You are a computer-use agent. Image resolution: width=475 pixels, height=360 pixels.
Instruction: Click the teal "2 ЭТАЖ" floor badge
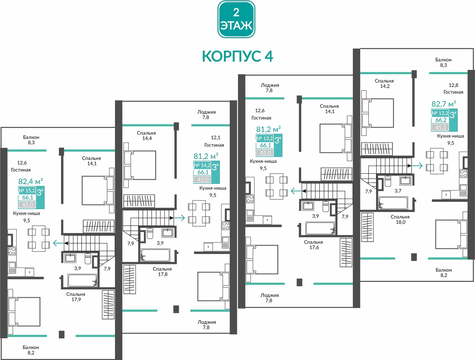coord(236,19)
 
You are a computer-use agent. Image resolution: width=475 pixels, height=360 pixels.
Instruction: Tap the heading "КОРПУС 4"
coord(237,56)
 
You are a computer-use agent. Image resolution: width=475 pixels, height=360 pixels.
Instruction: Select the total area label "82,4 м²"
coord(31,181)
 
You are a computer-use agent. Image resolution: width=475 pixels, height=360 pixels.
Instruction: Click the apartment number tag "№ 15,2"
coord(27,190)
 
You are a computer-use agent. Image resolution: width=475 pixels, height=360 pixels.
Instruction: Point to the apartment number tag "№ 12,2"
coord(440,113)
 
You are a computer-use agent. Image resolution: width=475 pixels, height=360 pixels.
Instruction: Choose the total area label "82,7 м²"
coord(443,104)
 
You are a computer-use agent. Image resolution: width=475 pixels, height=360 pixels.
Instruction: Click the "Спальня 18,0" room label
coord(400,219)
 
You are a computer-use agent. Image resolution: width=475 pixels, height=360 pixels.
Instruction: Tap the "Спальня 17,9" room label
coord(76,297)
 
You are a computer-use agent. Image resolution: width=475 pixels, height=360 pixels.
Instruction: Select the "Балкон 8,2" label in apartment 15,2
coord(31,350)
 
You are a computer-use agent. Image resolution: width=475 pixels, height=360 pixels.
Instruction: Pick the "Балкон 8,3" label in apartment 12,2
coord(443,62)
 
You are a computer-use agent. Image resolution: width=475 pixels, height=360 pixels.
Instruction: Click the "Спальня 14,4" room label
coord(146,136)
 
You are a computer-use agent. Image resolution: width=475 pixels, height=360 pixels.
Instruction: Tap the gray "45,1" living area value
coord(440,127)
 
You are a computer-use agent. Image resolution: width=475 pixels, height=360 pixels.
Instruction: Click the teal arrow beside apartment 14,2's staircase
coord(179,217)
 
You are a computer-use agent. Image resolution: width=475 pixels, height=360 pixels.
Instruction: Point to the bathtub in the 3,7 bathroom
coord(393,203)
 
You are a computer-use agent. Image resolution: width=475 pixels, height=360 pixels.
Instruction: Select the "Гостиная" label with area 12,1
coord(214,145)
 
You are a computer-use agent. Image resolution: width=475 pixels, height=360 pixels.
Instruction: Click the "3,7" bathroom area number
coord(398,191)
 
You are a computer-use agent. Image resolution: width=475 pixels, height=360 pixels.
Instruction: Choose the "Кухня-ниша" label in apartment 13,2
coord(263,161)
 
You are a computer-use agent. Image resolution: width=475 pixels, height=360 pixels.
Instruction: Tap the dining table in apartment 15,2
coord(39,238)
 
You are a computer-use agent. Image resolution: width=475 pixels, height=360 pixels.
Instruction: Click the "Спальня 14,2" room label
coord(384,83)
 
